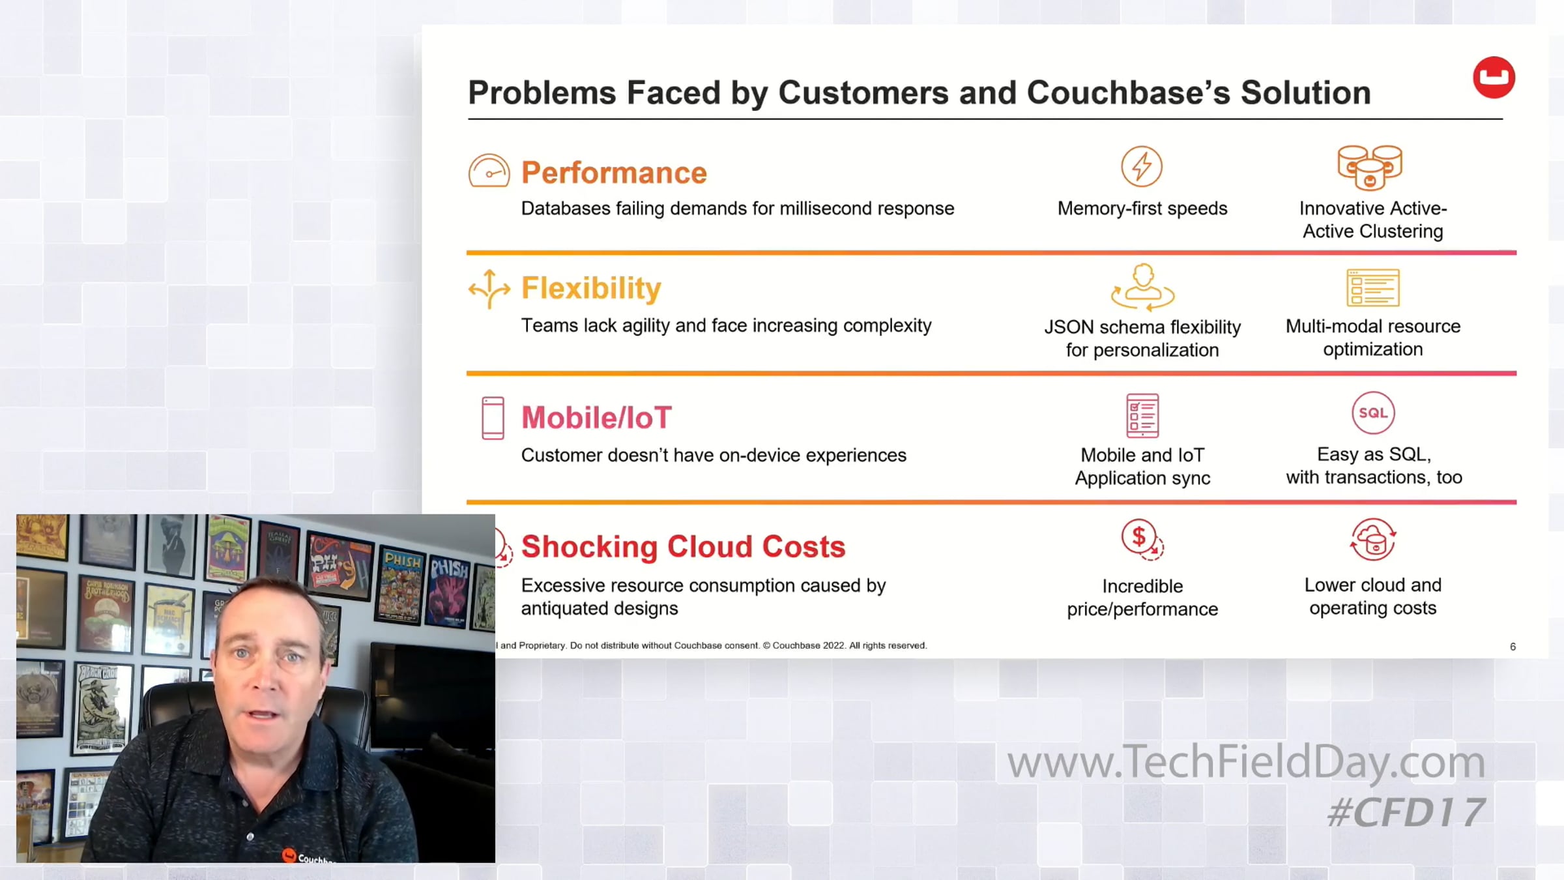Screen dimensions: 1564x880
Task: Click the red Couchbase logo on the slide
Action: tap(1494, 78)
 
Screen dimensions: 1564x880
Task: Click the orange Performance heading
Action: tap(614, 173)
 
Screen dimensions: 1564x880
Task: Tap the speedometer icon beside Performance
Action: tap(489, 171)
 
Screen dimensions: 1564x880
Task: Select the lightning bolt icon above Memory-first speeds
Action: tap(1142, 166)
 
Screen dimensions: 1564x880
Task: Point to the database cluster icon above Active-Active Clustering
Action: tap(1370, 167)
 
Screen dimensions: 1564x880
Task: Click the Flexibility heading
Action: tap(591, 288)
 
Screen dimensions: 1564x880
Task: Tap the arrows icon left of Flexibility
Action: tap(489, 289)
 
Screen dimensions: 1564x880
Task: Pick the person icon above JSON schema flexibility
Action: tap(1142, 287)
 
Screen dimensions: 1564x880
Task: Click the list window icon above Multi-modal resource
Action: tap(1373, 287)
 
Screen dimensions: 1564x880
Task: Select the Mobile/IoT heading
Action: tap(596, 418)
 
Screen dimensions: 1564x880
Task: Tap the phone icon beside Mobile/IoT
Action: tap(493, 418)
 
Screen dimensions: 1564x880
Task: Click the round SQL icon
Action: tap(1373, 413)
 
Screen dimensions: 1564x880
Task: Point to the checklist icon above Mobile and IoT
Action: tap(1142, 415)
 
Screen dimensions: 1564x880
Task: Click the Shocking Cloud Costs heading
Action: tap(683, 546)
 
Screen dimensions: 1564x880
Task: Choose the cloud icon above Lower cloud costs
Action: tap(1373, 540)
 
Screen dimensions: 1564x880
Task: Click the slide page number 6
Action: tap(1513, 647)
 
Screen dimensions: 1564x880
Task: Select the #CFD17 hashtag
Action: tap(1406, 813)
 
